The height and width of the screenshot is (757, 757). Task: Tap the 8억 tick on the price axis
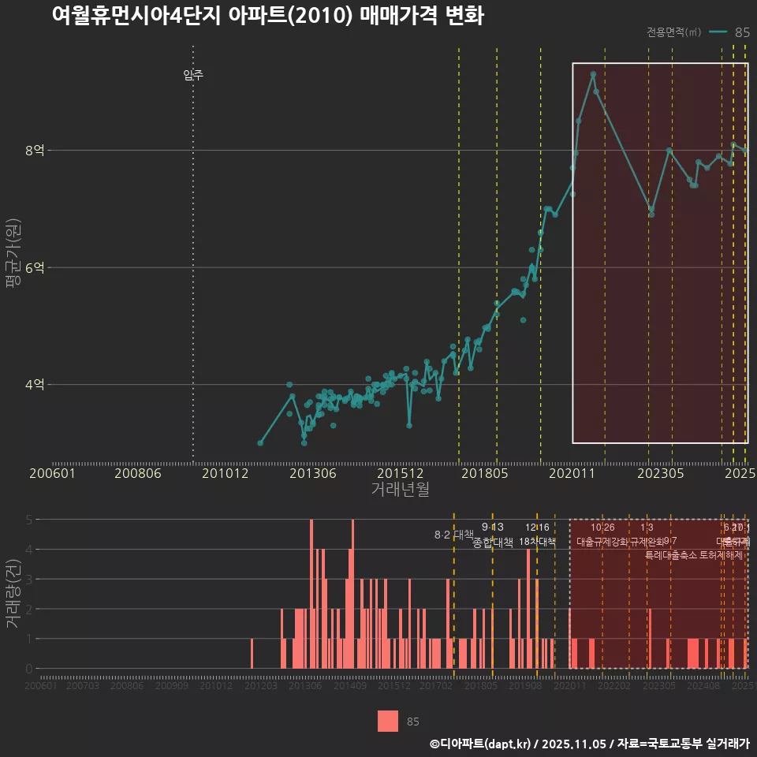[x=35, y=150]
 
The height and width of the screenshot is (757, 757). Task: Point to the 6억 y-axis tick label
[x=35, y=267]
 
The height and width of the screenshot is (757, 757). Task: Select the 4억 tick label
[x=35, y=385]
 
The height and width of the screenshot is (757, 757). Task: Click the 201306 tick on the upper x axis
[x=313, y=473]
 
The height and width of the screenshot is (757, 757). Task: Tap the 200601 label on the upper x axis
[x=52, y=473]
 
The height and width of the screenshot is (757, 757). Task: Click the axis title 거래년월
[x=400, y=489]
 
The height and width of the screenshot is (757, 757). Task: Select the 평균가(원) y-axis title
[x=13, y=267]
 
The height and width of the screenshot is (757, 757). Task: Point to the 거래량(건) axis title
[x=13, y=594]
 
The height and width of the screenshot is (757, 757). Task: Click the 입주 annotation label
[x=193, y=75]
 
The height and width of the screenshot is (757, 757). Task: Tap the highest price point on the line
[x=593, y=74]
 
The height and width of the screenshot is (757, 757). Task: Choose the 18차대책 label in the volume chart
[x=537, y=541]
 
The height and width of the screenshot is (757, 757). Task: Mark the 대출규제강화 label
[x=602, y=542]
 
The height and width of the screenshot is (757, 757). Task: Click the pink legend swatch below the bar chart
[x=388, y=721]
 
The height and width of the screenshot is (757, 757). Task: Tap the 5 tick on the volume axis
[x=29, y=520]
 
